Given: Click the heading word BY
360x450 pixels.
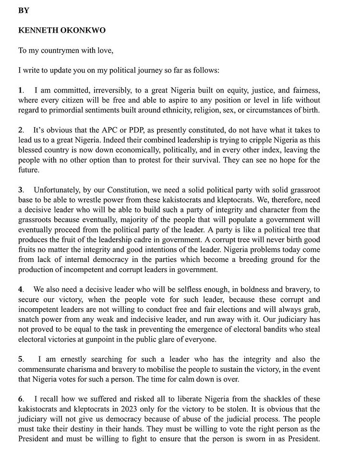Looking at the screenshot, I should (x=24, y=10).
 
